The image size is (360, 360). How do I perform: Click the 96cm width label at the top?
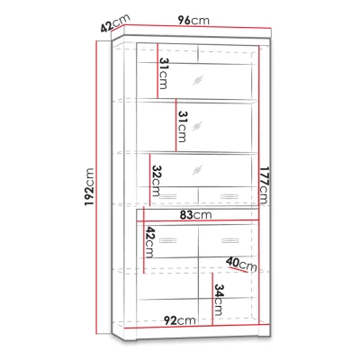coord(193,21)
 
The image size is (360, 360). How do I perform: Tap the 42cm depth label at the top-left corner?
coord(115,22)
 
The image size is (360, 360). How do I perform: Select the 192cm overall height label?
coord(89,187)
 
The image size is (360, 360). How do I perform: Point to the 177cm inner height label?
coord(264,185)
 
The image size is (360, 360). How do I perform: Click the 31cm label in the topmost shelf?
coord(164,74)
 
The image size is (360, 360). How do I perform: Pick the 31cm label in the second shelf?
coord(182,126)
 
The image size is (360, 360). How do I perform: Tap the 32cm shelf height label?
coord(156,181)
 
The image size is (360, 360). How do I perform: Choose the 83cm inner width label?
coord(195,215)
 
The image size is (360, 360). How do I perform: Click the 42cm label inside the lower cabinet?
coord(149,242)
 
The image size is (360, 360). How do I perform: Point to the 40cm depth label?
coord(242,264)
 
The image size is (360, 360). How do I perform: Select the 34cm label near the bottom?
coord(219,300)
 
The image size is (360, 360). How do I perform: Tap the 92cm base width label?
coord(180,320)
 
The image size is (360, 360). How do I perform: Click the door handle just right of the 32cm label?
coord(168,196)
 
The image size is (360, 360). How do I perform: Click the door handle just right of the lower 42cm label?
coord(168,240)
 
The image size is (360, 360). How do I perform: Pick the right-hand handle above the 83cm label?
coord(229,196)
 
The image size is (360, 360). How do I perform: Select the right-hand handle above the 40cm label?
coord(229,240)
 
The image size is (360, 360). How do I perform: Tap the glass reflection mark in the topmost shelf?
coord(198,80)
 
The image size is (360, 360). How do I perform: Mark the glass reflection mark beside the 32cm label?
coord(197,170)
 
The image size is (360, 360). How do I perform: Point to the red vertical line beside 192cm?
coord(96,187)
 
